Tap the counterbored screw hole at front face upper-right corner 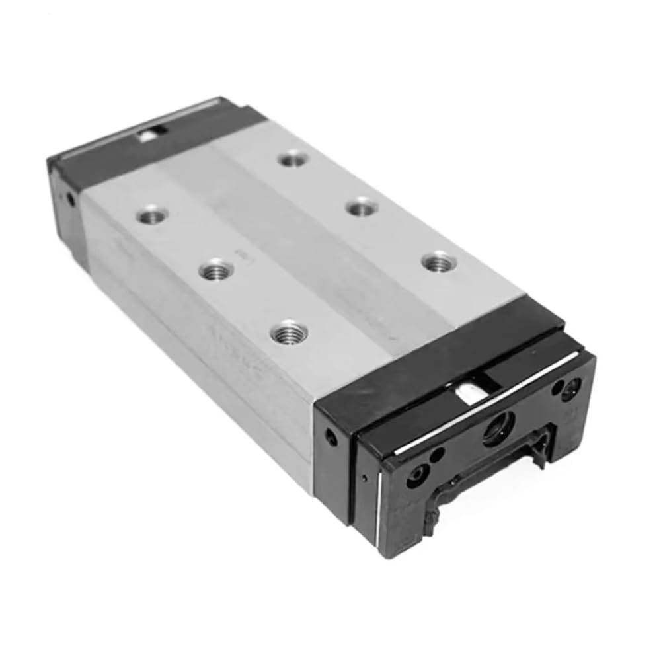click(570, 389)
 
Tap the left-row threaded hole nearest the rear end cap click(151, 214)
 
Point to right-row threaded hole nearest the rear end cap click(293, 159)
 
